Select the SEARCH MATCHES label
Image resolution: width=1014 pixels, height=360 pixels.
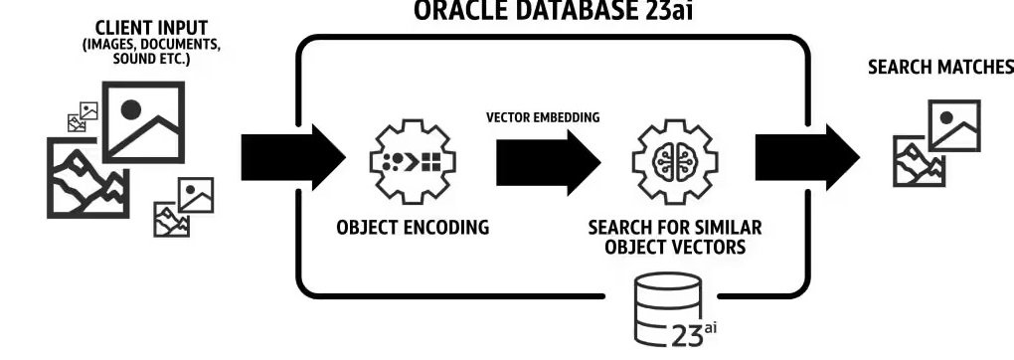[x=940, y=67]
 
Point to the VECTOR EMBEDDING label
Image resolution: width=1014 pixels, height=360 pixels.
[x=542, y=117]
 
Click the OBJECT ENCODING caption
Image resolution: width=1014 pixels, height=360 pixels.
[x=413, y=227]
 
